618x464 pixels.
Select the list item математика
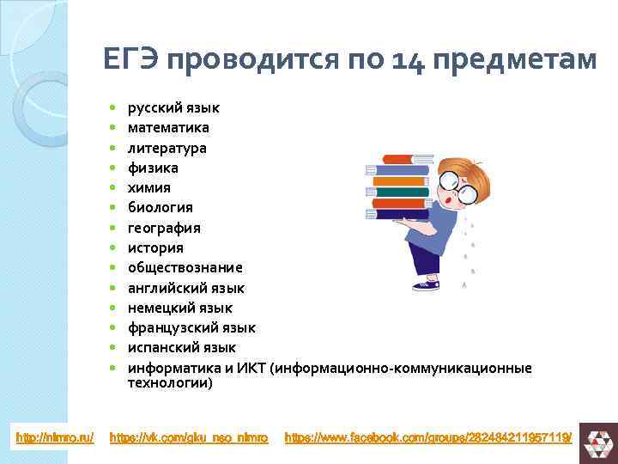click(168, 128)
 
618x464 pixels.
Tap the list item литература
click(167, 148)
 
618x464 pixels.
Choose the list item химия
click(148, 187)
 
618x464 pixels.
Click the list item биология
click(160, 207)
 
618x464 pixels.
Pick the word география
click(164, 228)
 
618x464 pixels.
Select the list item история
click(155, 247)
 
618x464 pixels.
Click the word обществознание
click(185, 267)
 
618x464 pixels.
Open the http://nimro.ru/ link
click(55, 437)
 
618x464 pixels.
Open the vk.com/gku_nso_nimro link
click(189, 437)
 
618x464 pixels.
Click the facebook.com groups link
click(427, 437)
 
